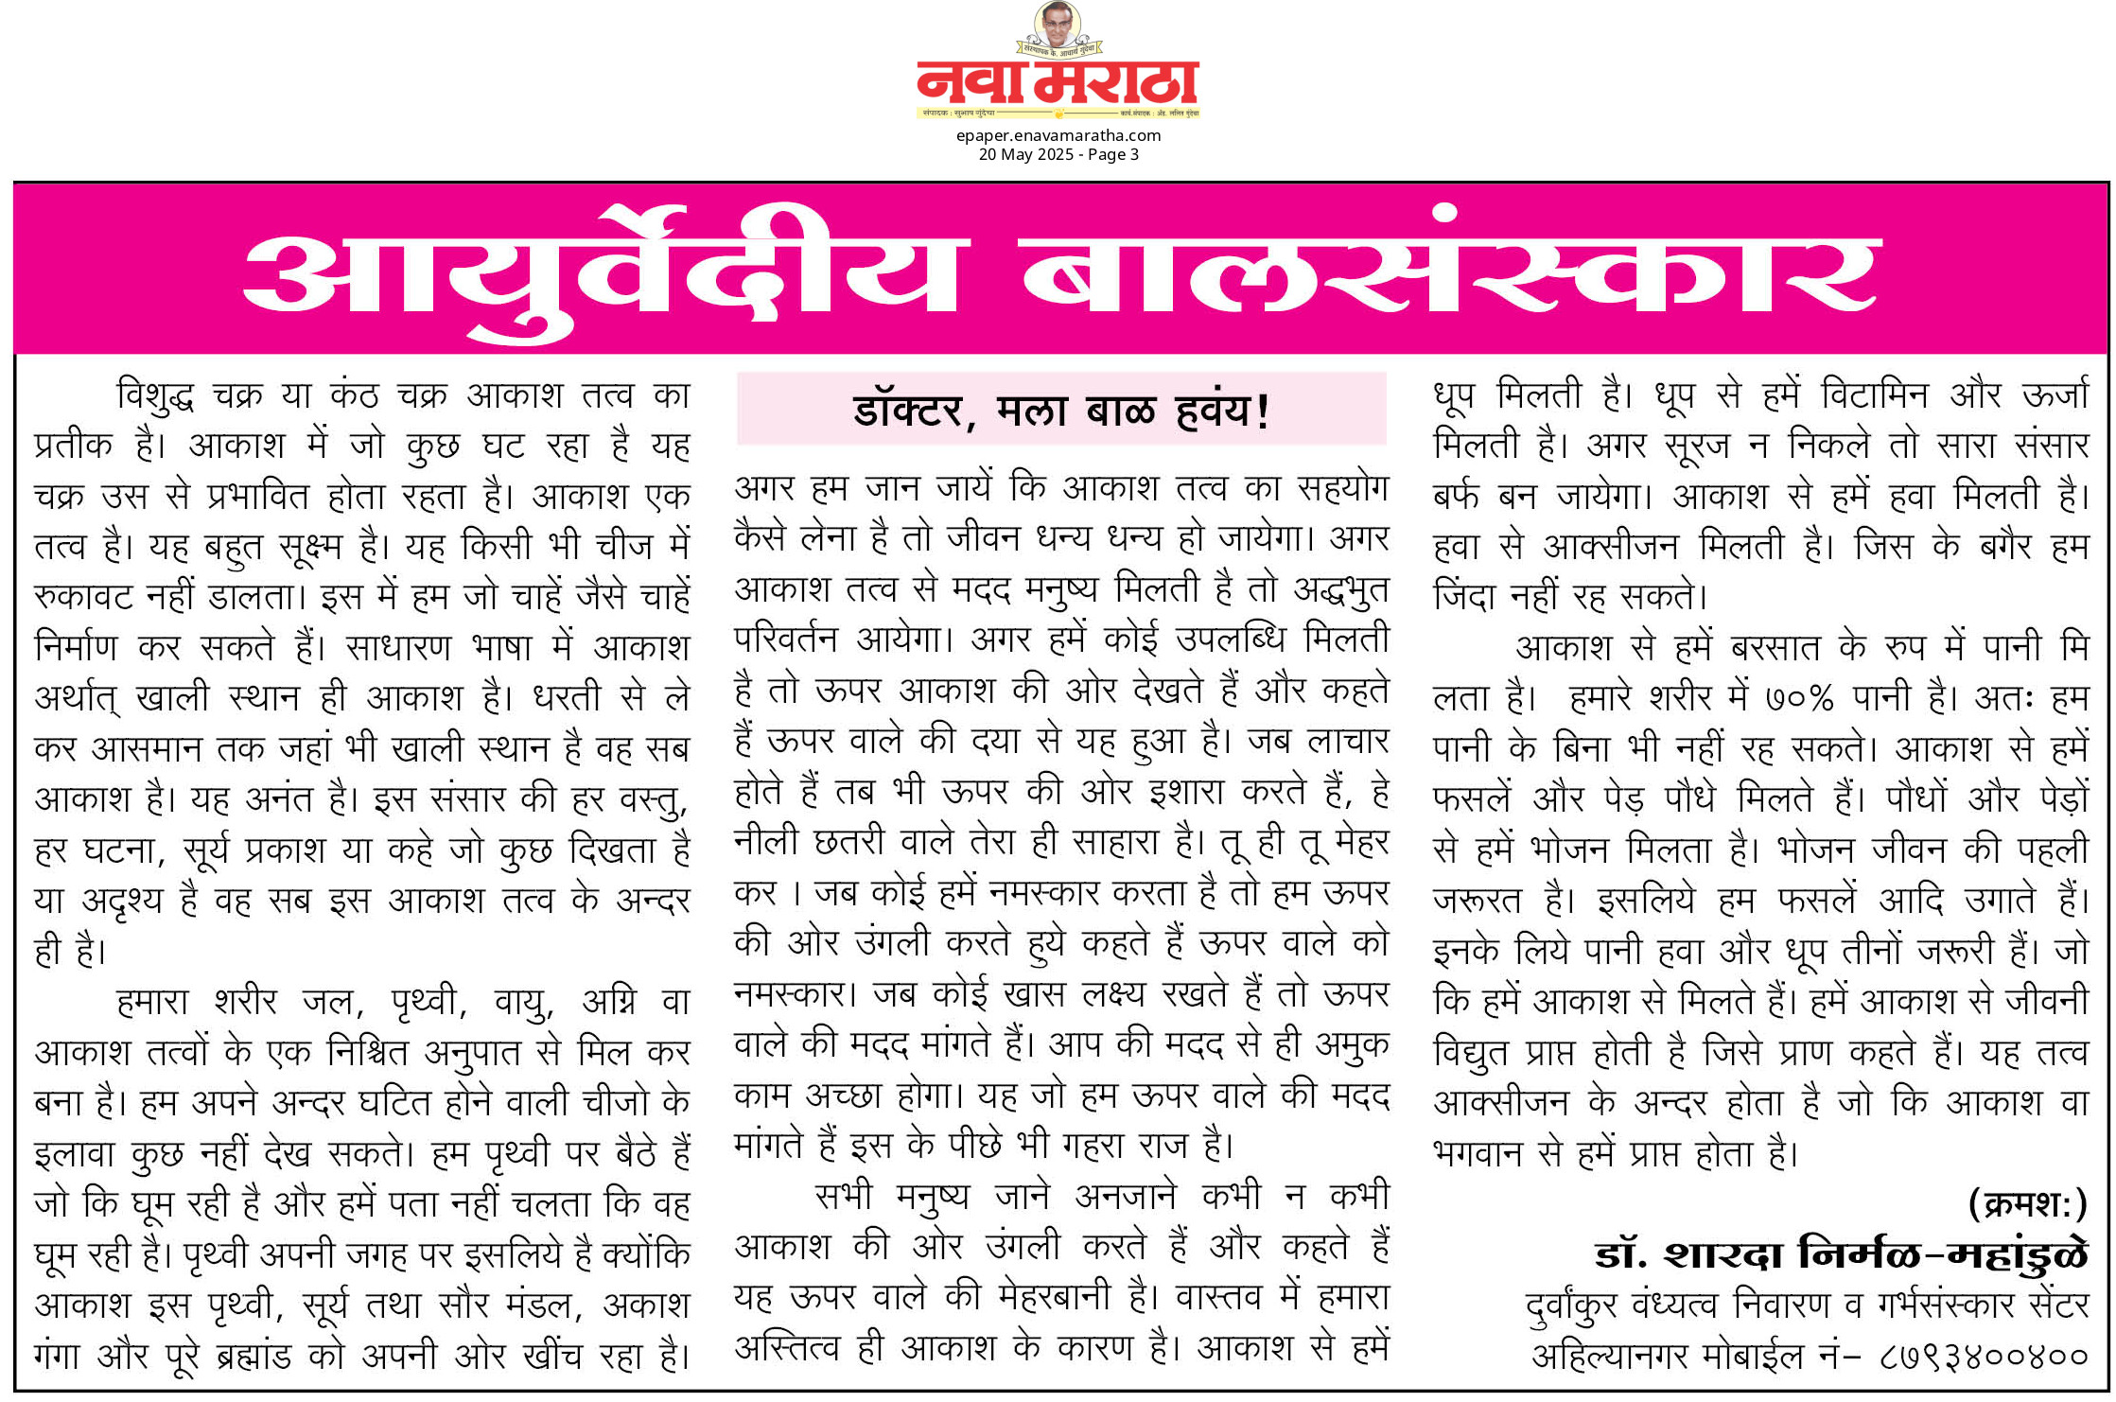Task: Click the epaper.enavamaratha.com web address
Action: click(1058, 135)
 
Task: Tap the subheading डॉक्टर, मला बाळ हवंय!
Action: click(1060, 411)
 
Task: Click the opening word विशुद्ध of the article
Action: click(155, 395)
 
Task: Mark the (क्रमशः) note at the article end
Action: click(2026, 1204)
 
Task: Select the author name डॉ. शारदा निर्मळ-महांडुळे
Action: click(1841, 1255)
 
